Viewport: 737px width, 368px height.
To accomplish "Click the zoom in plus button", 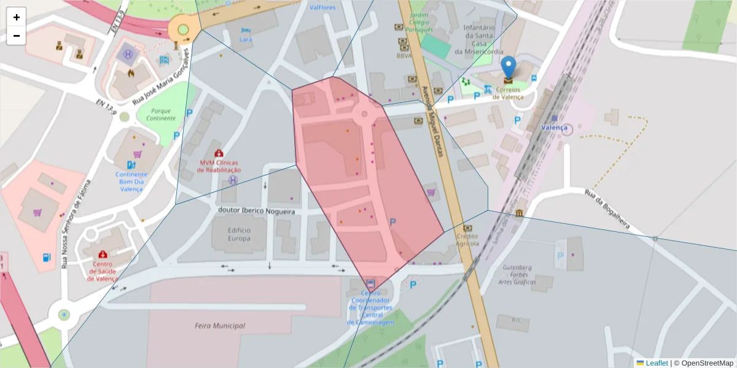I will (x=17, y=17).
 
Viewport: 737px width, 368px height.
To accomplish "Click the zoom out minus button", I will (x=17, y=36).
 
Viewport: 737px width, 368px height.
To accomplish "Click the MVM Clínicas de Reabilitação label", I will (x=219, y=166).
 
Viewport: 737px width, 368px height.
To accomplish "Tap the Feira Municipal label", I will (x=219, y=326).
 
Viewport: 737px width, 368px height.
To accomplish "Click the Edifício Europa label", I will (x=239, y=235).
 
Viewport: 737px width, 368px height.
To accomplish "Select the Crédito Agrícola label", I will (x=467, y=240).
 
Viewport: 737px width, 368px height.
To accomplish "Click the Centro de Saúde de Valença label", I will (x=102, y=271).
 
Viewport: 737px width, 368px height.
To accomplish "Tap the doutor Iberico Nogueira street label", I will (x=257, y=211).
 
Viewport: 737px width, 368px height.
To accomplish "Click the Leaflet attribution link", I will (x=656, y=363).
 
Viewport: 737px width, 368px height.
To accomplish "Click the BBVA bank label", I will (x=404, y=55).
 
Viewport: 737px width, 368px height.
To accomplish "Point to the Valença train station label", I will (x=553, y=128).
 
